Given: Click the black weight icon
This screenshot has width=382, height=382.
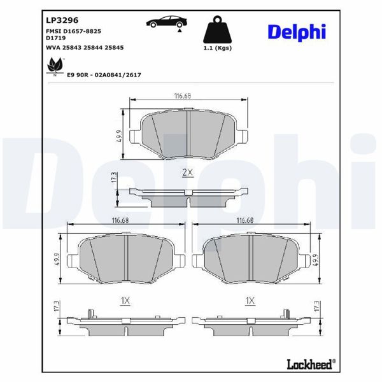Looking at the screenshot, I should point(216,29).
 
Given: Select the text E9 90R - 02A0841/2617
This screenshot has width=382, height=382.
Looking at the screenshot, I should point(104,74).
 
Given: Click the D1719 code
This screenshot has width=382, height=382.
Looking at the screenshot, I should point(57,38).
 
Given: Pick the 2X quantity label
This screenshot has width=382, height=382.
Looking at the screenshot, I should point(187,173).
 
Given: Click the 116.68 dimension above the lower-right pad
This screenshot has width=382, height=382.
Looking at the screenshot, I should point(246,220).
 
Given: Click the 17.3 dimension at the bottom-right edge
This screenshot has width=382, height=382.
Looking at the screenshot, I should point(316,307).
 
